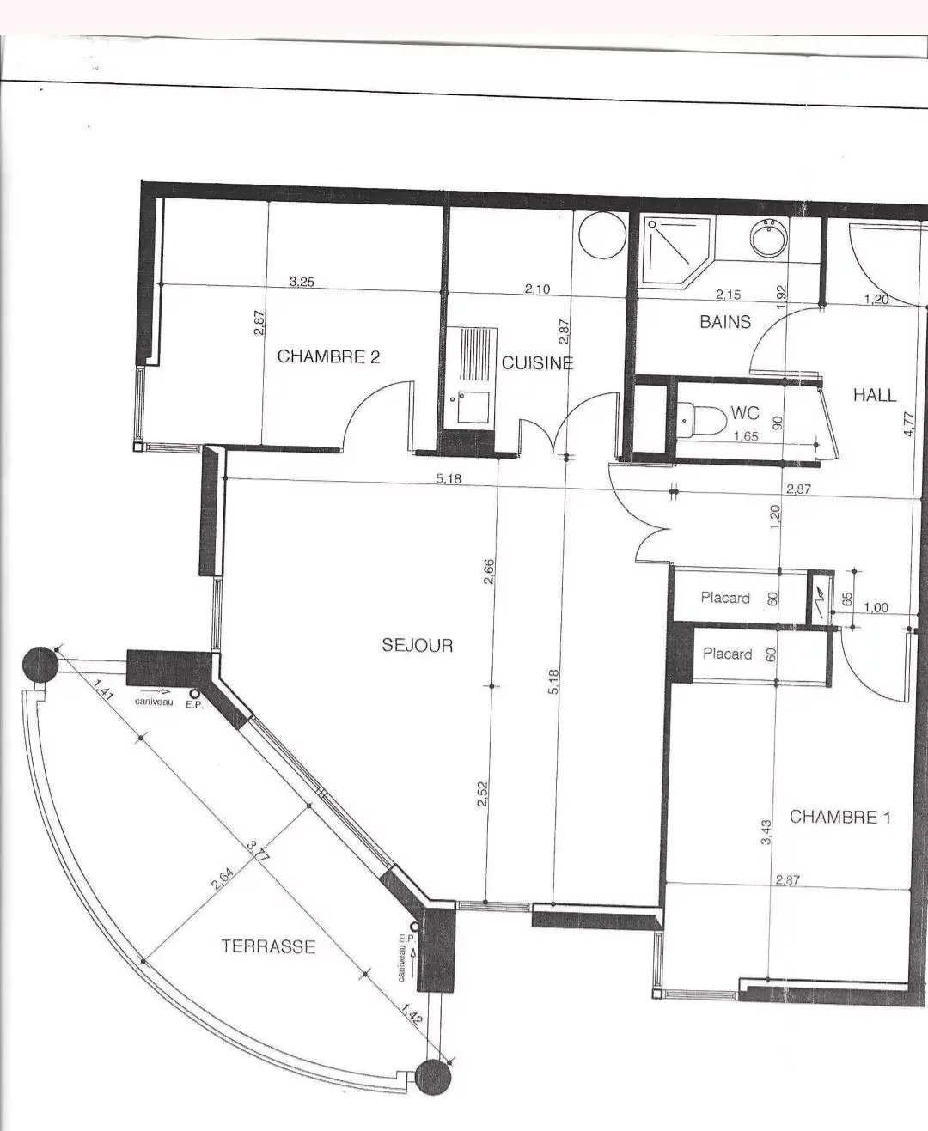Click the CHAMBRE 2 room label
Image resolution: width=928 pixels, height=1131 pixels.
pos(328,356)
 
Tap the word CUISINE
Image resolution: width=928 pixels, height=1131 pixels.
pos(537,363)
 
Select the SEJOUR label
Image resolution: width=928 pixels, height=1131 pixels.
pos(418,645)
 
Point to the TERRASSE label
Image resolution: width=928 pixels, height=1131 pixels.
pos(268,946)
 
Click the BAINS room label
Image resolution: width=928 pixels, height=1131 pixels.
pos(725,322)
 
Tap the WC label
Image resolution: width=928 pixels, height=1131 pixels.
pos(746,412)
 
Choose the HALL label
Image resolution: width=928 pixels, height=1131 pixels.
pos(875,395)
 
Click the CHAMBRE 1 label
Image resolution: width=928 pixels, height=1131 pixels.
pos(840,817)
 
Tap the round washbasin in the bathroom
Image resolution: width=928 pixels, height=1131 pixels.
pos(769,238)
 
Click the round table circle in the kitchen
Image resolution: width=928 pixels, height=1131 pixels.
pos(602,235)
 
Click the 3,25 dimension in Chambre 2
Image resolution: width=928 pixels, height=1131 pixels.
pos(302,281)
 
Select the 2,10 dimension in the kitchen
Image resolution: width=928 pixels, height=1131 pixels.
pos(537,289)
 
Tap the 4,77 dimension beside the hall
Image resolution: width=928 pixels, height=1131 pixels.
pos(908,423)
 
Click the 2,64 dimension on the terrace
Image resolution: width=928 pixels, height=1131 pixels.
pos(223,879)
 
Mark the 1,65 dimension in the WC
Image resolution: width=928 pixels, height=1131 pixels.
pos(746,436)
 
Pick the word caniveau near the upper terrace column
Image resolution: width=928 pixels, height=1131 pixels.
pos(154,702)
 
